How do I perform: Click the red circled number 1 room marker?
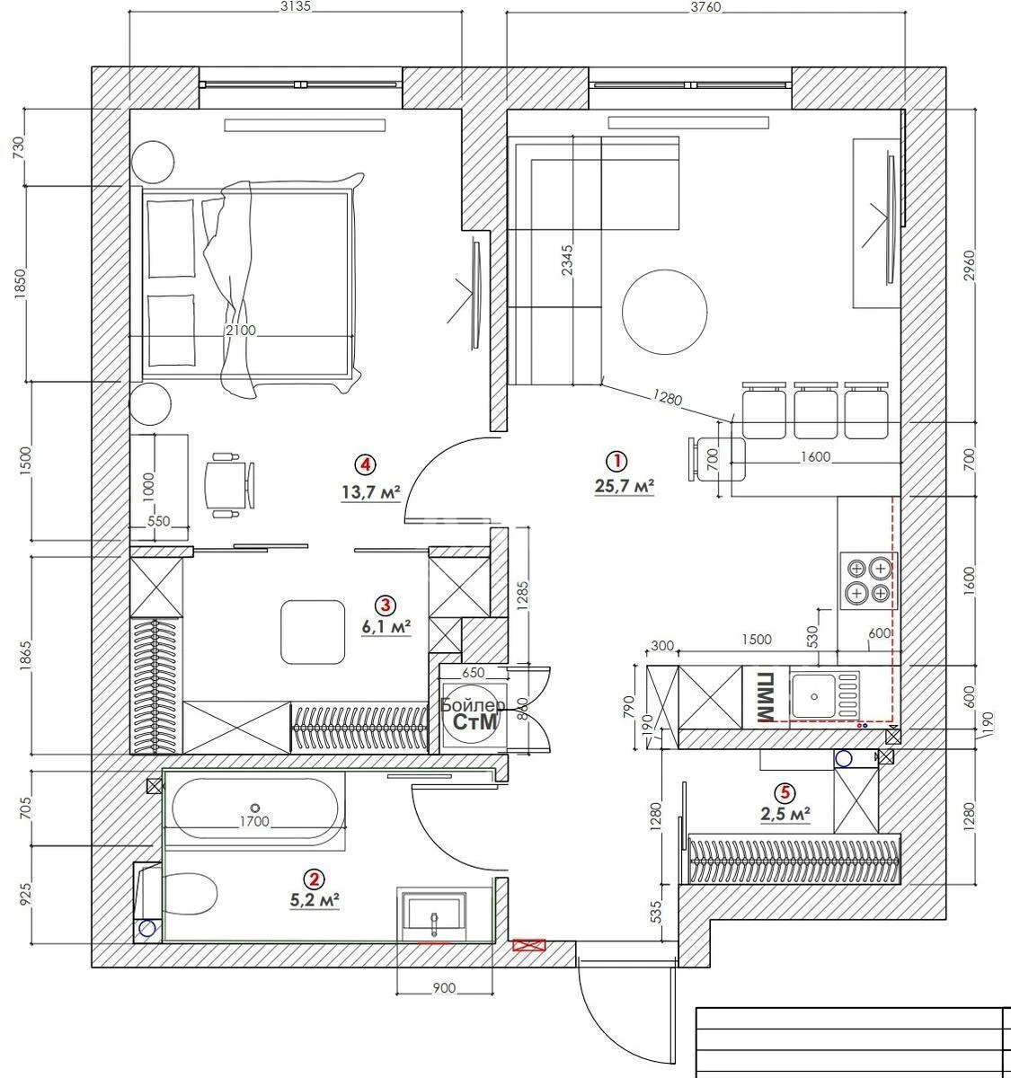click(x=616, y=462)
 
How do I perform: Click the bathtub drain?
click(x=255, y=808)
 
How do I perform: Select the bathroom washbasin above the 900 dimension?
click(x=434, y=915)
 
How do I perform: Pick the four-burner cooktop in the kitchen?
click(x=868, y=580)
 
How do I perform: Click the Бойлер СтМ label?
click(x=473, y=714)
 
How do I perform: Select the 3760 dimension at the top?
click(x=705, y=8)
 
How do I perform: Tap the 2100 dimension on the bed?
click(x=241, y=331)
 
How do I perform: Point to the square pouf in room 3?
click(x=313, y=632)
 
